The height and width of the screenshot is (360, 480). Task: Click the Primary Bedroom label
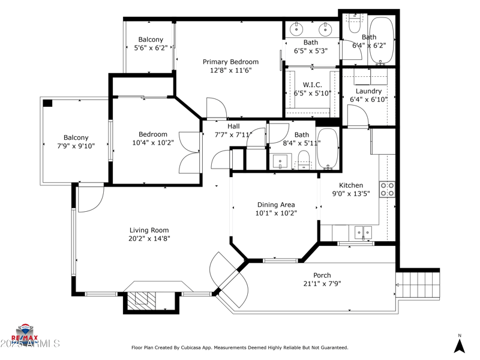[x=230, y=62]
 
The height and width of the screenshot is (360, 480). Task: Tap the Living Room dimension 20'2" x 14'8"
[x=149, y=238]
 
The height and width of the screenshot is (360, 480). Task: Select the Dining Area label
[x=276, y=205]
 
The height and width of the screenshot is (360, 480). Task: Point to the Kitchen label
[x=351, y=185]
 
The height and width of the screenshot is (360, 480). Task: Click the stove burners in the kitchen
[x=387, y=190]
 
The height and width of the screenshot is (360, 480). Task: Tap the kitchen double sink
[x=362, y=232]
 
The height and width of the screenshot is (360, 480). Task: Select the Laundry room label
[x=368, y=91]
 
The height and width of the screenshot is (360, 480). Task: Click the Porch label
[x=318, y=275]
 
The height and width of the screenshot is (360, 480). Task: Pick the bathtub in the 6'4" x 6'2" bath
[x=381, y=40]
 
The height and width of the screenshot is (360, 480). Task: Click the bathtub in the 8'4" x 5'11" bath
[x=328, y=148]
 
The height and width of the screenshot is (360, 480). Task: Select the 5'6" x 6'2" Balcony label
[x=151, y=40]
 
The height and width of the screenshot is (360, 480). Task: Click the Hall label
[x=233, y=127]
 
